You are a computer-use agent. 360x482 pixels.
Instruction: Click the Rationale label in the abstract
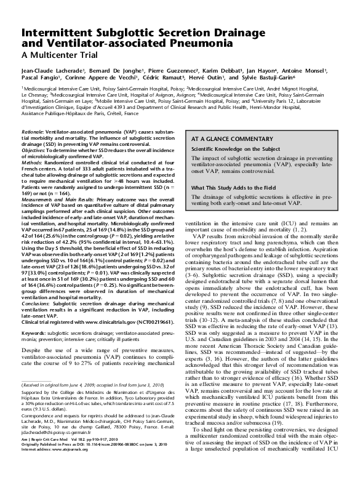pyautogui.click(x=32, y=132)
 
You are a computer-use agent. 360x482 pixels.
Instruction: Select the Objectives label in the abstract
pyautogui.click(x=34, y=150)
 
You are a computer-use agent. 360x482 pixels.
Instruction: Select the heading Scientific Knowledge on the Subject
pyautogui.click(x=235, y=149)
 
